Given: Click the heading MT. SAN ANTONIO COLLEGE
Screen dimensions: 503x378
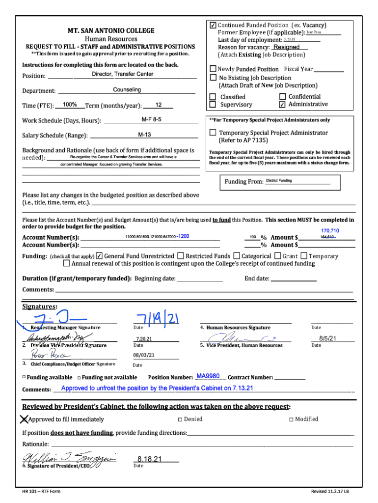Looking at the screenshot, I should (x=111, y=30).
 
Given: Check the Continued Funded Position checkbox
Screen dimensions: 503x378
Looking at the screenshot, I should (x=213, y=26).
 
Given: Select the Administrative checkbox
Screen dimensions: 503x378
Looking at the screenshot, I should (x=282, y=105).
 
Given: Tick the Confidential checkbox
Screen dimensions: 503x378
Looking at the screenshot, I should (x=282, y=97).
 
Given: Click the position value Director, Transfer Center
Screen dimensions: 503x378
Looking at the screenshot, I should (x=123, y=74).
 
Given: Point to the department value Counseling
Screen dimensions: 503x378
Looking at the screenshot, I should (x=127, y=89).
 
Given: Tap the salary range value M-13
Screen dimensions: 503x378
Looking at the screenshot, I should (x=144, y=135).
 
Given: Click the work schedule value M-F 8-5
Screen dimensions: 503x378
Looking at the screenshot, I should (x=151, y=119).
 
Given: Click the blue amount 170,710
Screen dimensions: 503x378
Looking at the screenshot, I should (x=330, y=231).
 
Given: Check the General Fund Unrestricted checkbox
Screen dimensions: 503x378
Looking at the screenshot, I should (x=100, y=256).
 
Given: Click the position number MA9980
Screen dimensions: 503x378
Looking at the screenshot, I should (x=208, y=376).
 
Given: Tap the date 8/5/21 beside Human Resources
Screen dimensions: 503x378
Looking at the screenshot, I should (x=327, y=338).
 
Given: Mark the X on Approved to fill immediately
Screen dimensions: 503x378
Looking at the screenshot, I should (x=23, y=419).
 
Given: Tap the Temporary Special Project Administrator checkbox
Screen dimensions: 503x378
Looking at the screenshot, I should (x=213, y=133).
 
